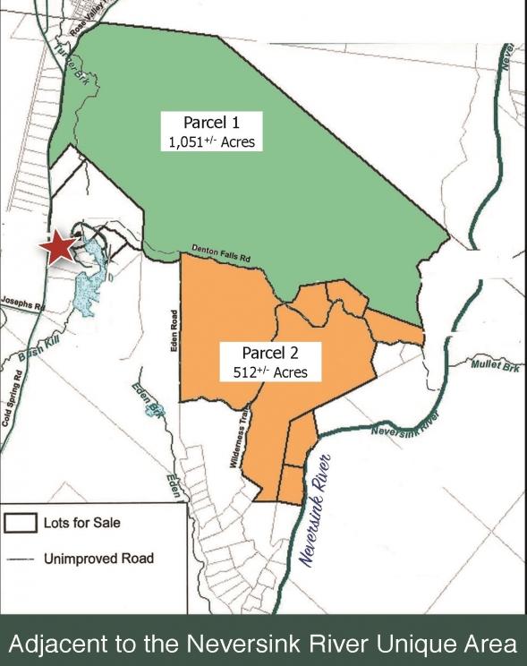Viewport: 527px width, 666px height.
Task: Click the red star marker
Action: [x=61, y=245]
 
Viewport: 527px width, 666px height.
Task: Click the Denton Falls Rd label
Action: [x=220, y=253]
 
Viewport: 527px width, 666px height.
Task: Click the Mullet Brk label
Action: [x=494, y=366]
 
